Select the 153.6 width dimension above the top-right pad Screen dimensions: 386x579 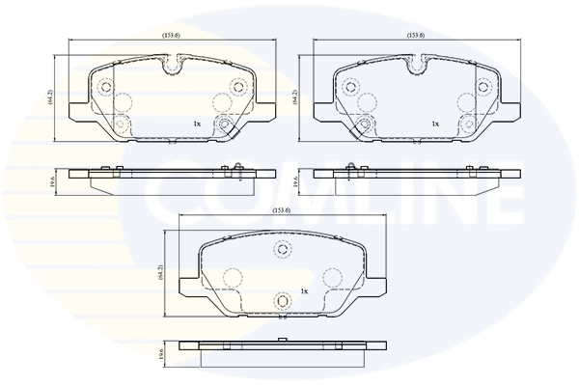(417, 36)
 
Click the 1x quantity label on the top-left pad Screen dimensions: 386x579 (196, 124)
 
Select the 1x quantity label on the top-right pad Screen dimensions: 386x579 (435, 124)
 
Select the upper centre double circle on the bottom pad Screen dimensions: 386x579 (283, 250)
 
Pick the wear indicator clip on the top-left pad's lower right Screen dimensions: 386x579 (225, 126)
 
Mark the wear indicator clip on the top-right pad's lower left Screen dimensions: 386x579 (364, 126)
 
